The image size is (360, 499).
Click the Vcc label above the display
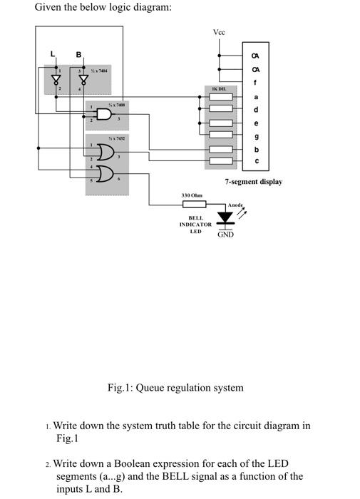218,33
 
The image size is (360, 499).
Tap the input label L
51,54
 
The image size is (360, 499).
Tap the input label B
79,54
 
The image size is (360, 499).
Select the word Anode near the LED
234,205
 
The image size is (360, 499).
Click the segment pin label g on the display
256,137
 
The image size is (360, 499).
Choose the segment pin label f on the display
256,82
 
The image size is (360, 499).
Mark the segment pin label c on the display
256,162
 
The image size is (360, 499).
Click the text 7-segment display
253,182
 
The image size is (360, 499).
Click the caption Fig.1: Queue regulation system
175,388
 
